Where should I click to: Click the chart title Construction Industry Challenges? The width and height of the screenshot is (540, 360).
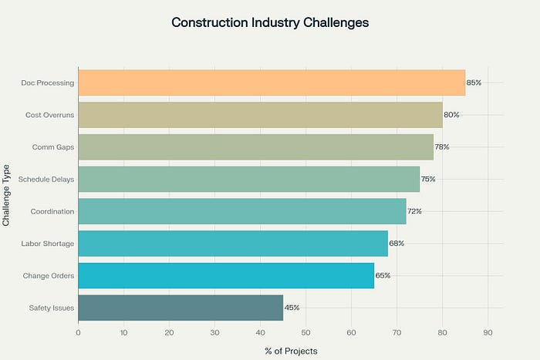(270, 22)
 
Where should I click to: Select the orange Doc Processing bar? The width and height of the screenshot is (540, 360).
(272, 82)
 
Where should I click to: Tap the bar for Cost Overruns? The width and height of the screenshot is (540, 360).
(260, 115)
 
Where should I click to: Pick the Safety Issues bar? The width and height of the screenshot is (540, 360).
(181, 308)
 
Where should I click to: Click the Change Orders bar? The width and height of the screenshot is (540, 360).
(226, 275)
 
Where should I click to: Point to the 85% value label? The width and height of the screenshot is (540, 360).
(474, 82)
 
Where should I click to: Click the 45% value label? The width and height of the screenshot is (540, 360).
(292, 308)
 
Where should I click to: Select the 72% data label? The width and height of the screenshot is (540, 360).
(414, 211)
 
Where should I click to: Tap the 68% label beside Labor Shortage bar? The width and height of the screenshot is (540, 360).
(397, 244)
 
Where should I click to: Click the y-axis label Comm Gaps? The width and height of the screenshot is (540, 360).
(53, 147)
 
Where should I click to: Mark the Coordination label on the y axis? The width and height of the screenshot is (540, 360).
(52, 211)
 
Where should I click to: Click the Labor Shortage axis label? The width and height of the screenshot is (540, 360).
(48, 244)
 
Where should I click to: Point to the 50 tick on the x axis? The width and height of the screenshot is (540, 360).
(305, 333)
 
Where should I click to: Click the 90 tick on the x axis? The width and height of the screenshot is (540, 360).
(488, 333)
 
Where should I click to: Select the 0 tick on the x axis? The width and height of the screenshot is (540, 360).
(78, 333)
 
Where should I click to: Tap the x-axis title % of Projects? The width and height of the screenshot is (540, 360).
(291, 351)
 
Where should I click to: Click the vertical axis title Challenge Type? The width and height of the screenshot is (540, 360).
(7, 194)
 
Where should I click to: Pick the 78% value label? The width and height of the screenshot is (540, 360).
(441, 147)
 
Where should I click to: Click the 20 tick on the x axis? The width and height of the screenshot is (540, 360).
(169, 333)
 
